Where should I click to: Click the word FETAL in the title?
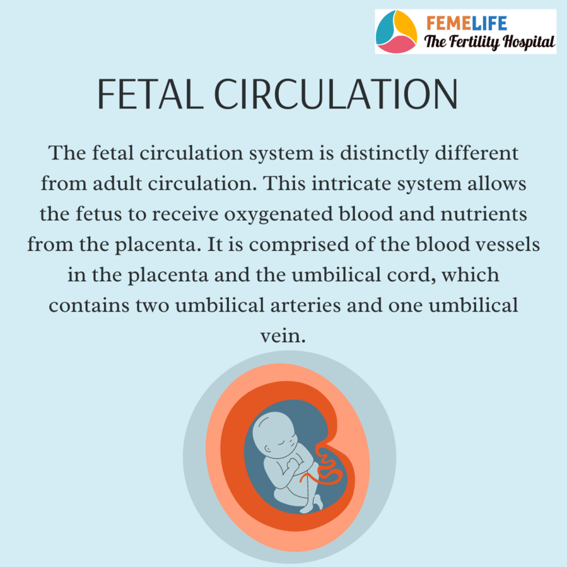tap(150, 94)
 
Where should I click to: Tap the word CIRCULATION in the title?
tap(336, 94)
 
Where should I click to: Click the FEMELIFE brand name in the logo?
tap(467, 23)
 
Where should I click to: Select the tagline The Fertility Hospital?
tap(489, 42)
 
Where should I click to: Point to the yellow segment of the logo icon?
tap(406, 25)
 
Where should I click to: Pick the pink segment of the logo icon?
tap(396, 45)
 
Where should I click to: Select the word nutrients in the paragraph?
tap(484, 214)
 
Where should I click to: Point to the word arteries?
tap(305, 305)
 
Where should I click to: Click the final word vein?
tap(283, 336)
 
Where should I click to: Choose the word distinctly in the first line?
tap(384, 154)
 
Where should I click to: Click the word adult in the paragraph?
tap(117, 184)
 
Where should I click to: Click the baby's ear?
tap(268, 449)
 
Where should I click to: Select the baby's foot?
tap(318, 501)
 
